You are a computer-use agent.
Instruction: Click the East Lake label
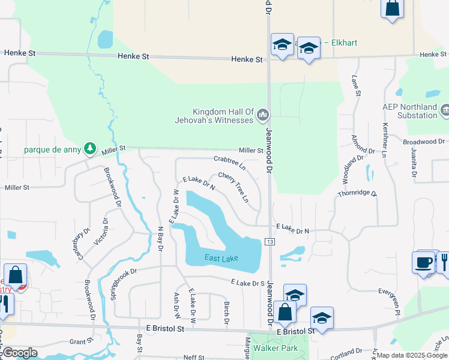click(x=221, y=259)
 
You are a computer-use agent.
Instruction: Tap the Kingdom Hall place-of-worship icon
click(x=262, y=113)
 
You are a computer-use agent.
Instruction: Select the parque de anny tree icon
click(x=89, y=148)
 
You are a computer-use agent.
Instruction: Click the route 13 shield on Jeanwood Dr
click(x=270, y=241)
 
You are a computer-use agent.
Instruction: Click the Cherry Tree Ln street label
click(x=234, y=187)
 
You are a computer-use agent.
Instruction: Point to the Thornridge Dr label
click(x=357, y=194)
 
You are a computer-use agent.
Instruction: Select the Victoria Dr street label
click(x=100, y=232)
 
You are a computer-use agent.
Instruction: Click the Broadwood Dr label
click(x=424, y=142)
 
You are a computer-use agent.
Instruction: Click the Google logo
click(x=20, y=352)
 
